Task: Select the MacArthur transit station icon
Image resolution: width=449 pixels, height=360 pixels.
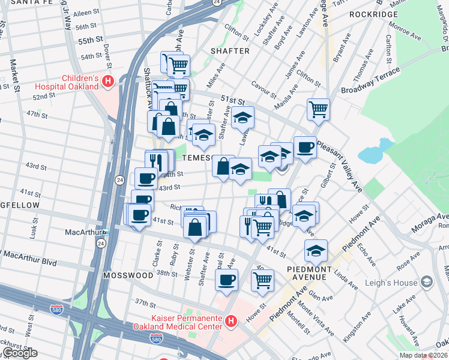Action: (x=106, y=232)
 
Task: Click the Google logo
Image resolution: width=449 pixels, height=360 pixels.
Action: (x=20, y=353)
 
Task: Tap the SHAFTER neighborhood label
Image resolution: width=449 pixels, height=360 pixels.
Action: (x=229, y=51)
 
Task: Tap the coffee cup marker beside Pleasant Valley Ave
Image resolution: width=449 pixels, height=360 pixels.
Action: (x=304, y=147)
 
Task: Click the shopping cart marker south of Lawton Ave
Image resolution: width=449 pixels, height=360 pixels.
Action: (x=318, y=109)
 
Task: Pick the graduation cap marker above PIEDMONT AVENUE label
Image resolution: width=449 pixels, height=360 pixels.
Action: (x=316, y=251)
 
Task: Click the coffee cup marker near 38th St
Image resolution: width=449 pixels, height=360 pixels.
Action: (x=226, y=280)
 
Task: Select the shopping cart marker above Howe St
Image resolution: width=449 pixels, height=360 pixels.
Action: (x=262, y=280)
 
